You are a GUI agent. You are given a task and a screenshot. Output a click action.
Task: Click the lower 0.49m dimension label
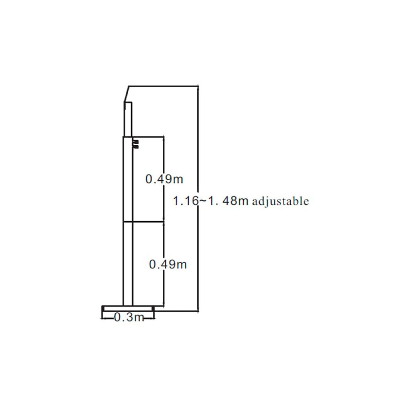pyautogui.click(x=168, y=265)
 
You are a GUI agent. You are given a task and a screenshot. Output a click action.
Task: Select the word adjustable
pyautogui.click(x=280, y=202)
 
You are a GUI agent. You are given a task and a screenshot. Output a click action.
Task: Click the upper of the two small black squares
pyautogui.click(x=136, y=141)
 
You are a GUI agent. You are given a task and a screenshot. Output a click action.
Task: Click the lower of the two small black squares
pyautogui.click(x=136, y=146)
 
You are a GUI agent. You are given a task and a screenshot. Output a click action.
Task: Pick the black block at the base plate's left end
pyautogui.click(x=103, y=309)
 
